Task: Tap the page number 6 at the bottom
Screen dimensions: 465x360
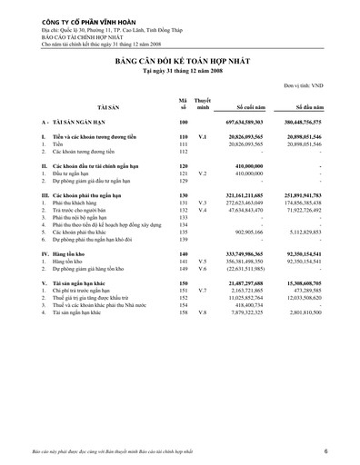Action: click(338, 451)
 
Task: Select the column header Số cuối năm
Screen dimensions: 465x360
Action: click(250, 105)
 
